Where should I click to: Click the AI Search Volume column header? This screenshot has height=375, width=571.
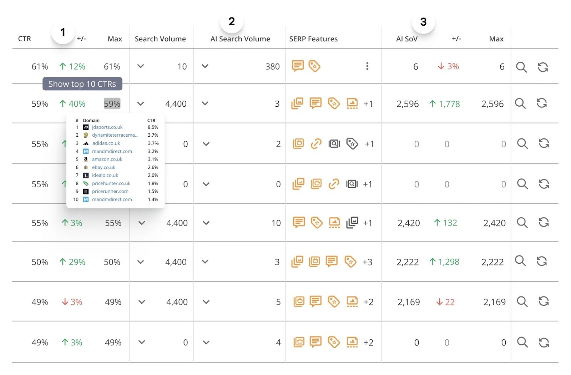[240, 39]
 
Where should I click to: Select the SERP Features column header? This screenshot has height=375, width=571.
[313, 39]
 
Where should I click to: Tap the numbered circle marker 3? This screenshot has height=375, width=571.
[423, 22]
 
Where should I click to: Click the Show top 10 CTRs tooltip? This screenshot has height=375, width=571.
[82, 84]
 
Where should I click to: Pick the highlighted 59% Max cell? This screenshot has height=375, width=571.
[112, 104]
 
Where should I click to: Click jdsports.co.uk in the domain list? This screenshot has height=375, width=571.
[107, 127]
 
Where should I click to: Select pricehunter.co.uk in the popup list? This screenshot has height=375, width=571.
[111, 183]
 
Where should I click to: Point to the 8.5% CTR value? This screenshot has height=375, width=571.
[153, 127]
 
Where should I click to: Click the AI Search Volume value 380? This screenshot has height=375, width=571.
[272, 67]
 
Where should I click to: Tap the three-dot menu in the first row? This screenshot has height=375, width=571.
[367, 66]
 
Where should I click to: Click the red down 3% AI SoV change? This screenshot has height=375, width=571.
[449, 66]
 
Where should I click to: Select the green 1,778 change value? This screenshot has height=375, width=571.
[445, 104]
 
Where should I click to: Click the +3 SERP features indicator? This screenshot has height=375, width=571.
[367, 262]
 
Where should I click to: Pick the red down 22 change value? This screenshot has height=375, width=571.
[445, 302]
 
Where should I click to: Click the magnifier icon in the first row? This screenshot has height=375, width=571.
[521, 67]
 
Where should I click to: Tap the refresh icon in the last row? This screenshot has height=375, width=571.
[544, 343]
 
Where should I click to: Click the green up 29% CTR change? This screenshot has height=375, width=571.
[72, 262]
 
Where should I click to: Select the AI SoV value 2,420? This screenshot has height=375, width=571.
[409, 223]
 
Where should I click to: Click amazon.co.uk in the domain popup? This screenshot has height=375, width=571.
[107, 159]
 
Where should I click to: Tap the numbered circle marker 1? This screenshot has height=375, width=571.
[63, 32]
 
